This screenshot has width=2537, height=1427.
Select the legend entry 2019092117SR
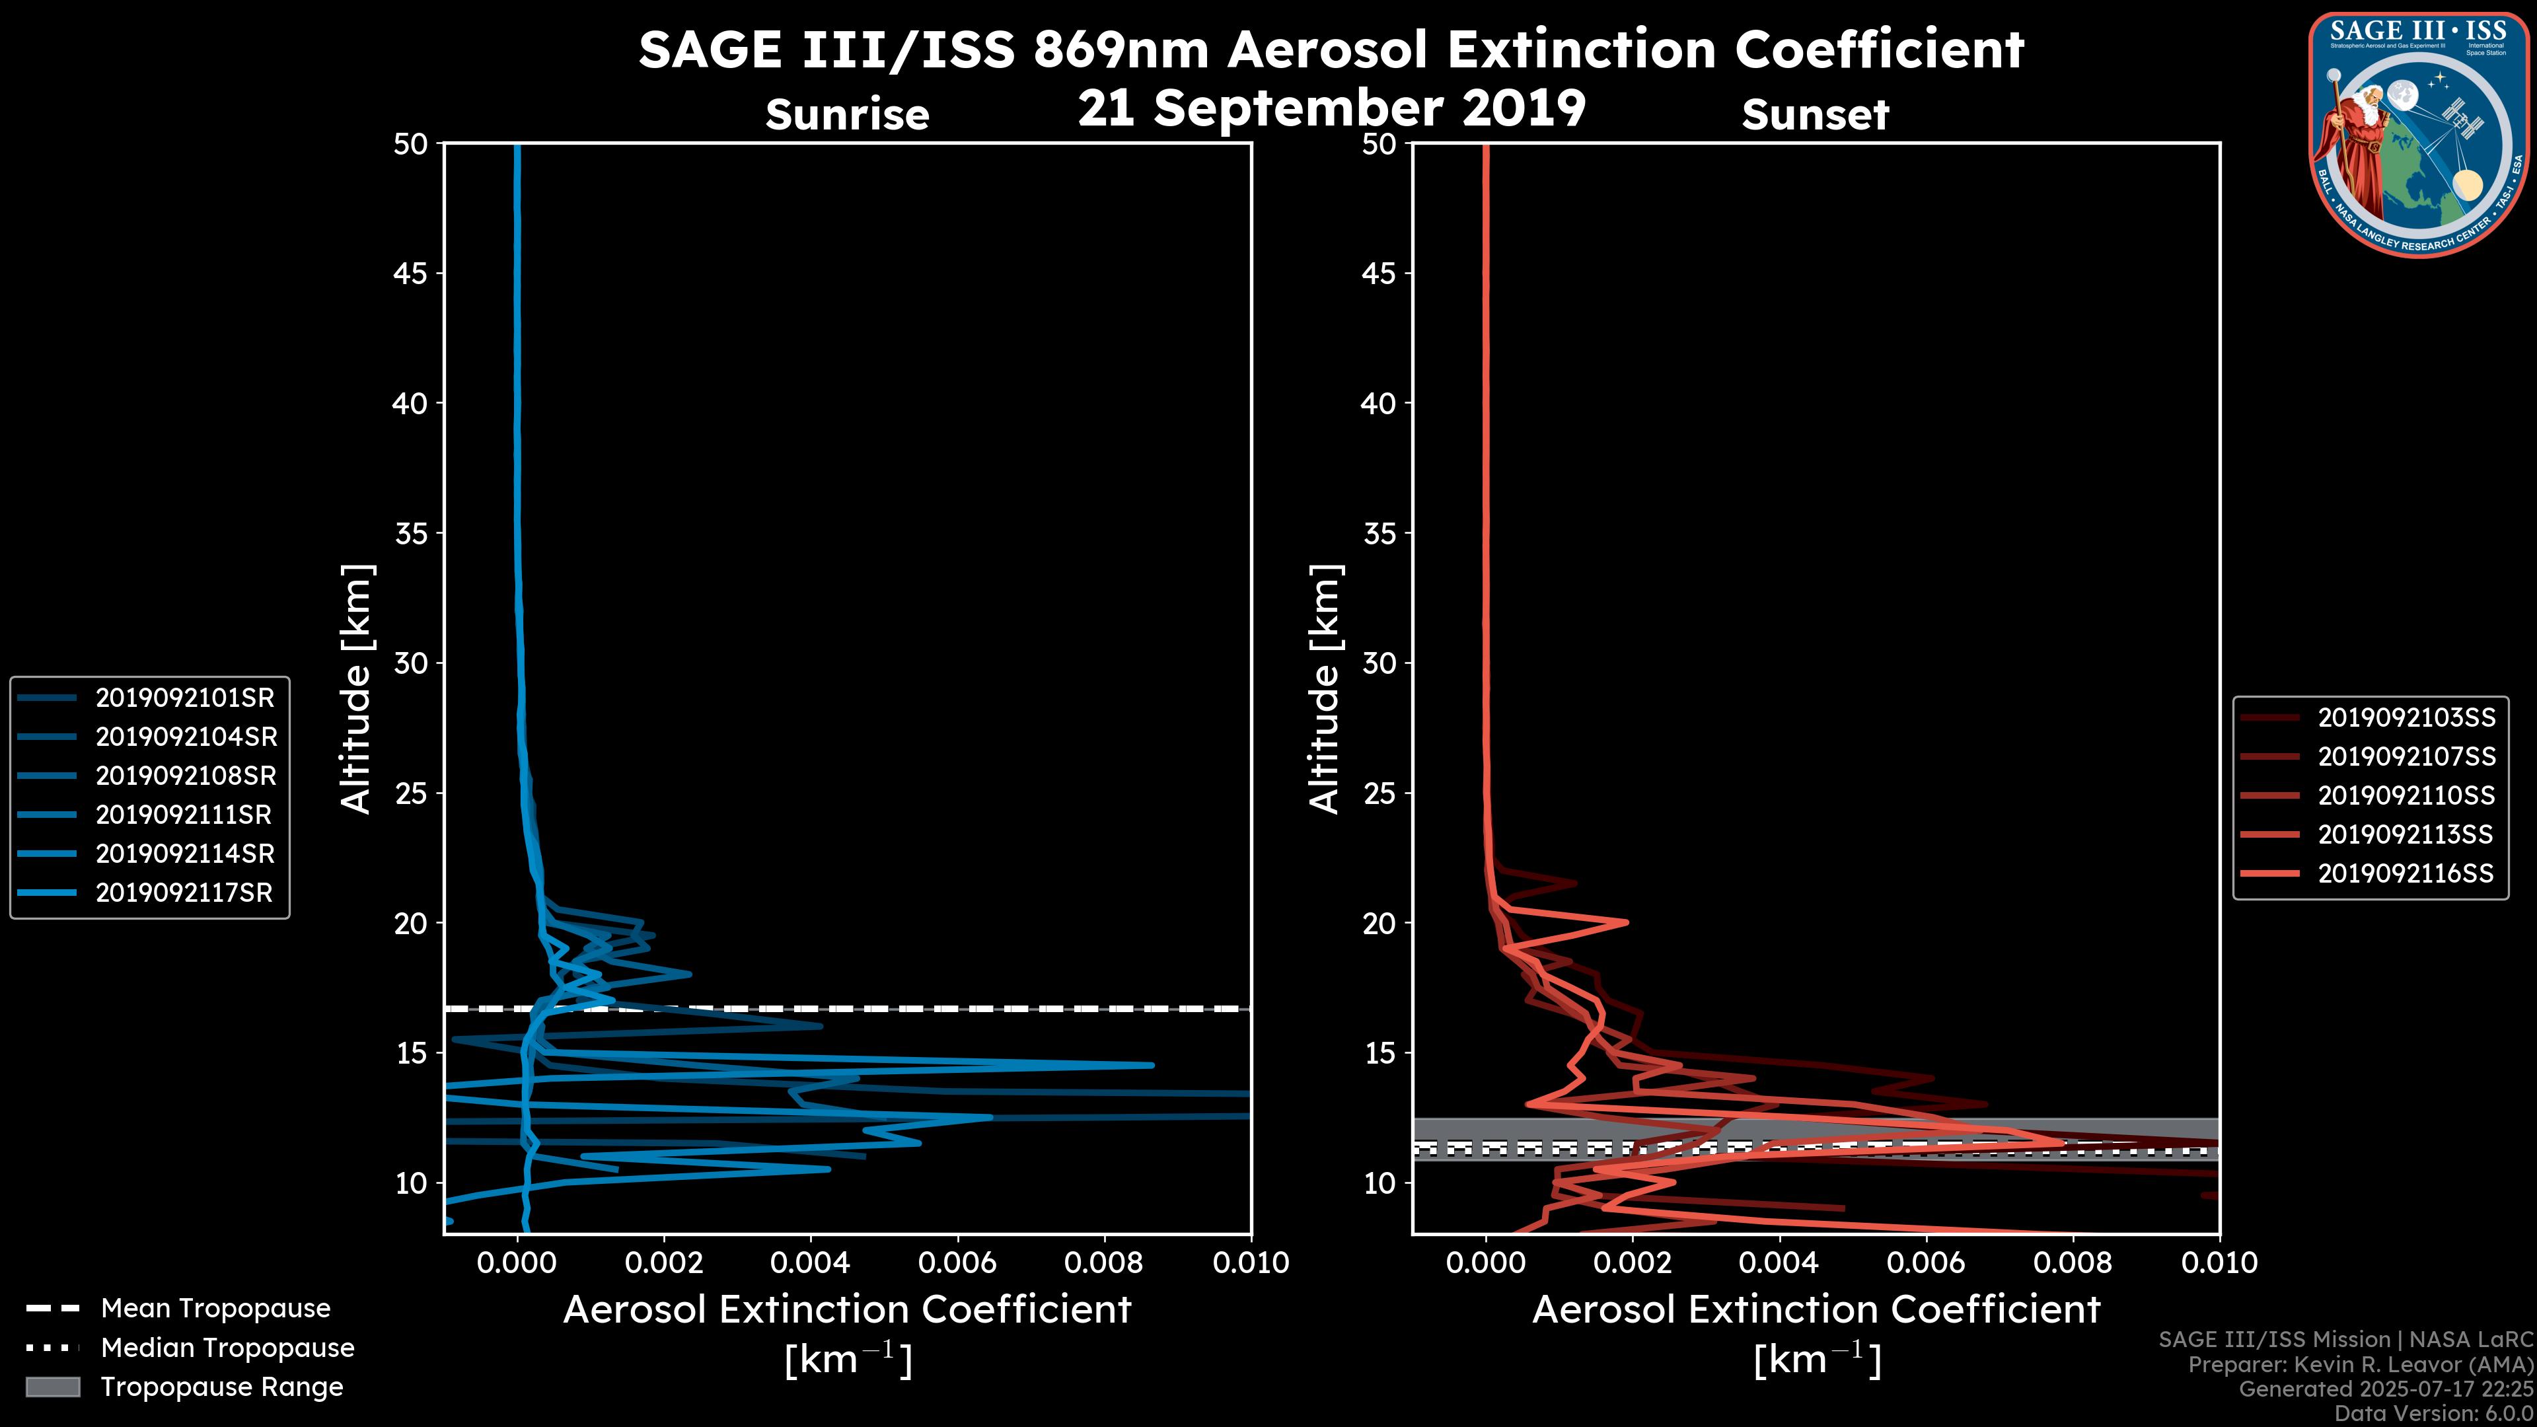click(x=184, y=893)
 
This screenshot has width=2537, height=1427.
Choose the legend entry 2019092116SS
click(x=2406, y=873)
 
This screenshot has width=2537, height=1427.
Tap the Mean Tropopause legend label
click(x=215, y=1308)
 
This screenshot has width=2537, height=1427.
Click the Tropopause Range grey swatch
click(x=52, y=1387)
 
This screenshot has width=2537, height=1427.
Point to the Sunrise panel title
click(x=847, y=115)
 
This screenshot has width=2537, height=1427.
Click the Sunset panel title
click(x=1815, y=115)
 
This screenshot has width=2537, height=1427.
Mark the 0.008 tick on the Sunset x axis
click(x=2073, y=1262)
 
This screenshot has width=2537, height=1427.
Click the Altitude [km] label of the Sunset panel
click(x=1325, y=689)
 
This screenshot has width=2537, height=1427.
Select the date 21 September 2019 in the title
click(x=1331, y=107)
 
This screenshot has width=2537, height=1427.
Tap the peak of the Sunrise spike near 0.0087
click(x=1152, y=1064)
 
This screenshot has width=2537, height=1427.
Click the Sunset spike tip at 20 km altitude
click(x=1626, y=922)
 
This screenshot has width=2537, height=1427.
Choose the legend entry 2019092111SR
click(x=184, y=815)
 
